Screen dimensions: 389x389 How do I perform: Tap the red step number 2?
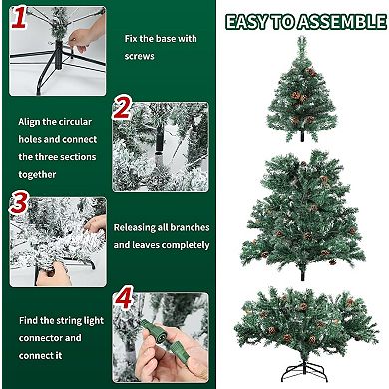point(123,108)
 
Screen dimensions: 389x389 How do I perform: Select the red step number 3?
point(17,204)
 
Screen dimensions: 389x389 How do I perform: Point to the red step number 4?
point(122,297)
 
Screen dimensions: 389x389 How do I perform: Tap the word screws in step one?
point(141,57)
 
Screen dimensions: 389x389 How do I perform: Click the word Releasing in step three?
point(139,228)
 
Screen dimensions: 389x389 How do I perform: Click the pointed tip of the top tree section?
point(300,39)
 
